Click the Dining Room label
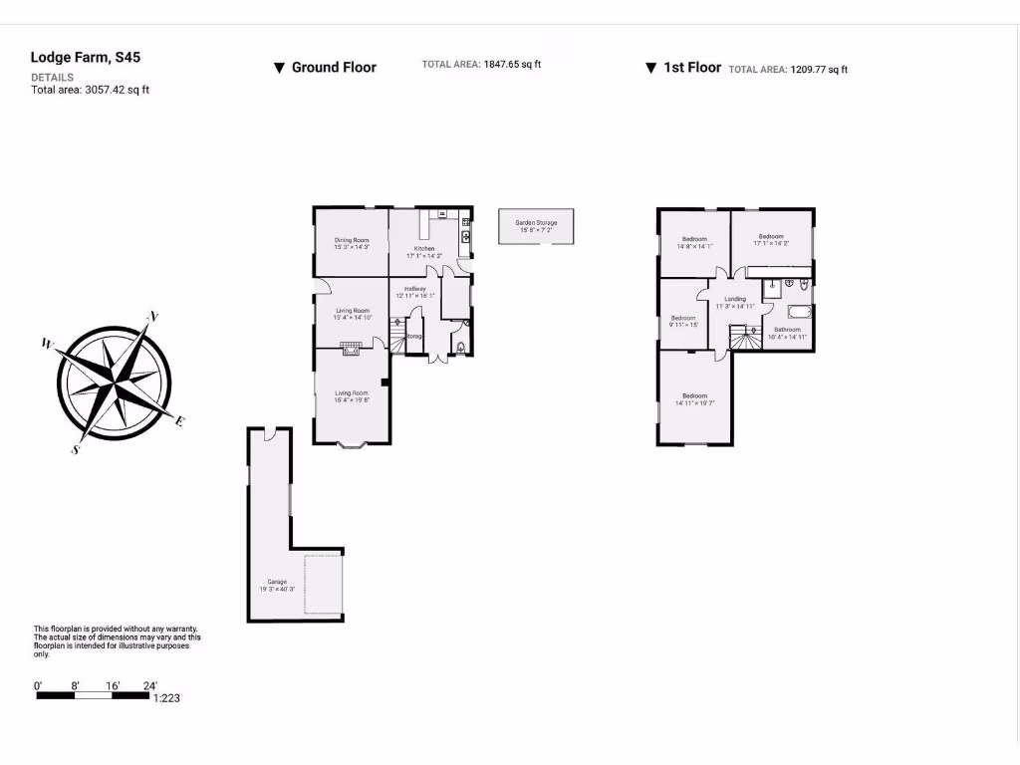coord(352,240)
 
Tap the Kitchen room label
coord(424,248)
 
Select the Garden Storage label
coord(536,222)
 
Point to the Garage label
coord(276,582)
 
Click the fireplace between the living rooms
coord(350,348)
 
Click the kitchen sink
coord(465,236)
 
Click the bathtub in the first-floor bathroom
coord(800,311)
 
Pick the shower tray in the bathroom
coord(772,289)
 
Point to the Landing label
coord(735,299)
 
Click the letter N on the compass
coord(152,317)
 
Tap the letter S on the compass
coord(75,449)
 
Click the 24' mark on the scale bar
coord(149,685)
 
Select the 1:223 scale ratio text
coord(165,698)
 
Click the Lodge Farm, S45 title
coord(86,58)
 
